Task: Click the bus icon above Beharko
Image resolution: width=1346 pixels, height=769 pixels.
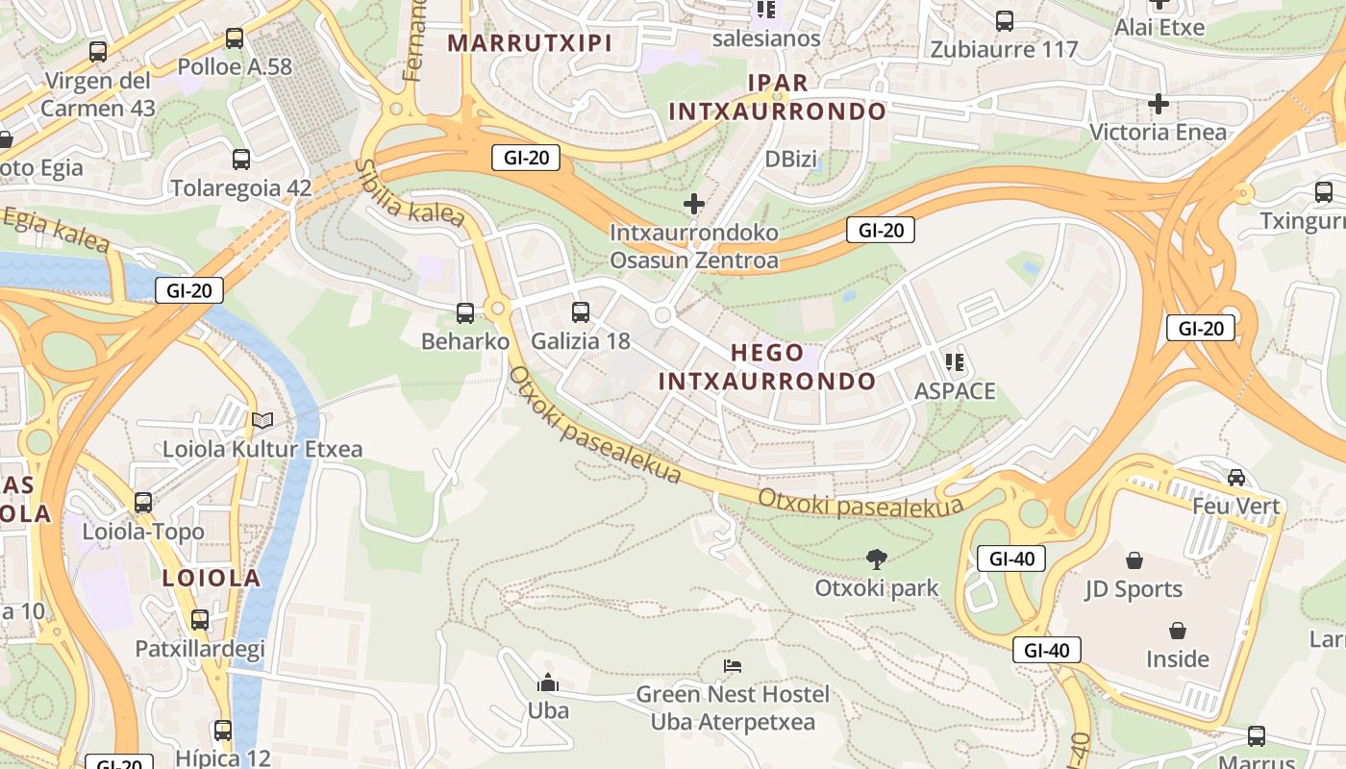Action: point(465,312)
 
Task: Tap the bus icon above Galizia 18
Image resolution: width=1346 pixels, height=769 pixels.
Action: point(580,311)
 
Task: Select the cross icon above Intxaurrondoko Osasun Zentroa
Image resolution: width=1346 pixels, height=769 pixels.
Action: point(693,204)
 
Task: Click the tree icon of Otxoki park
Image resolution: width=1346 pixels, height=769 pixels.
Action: point(876,558)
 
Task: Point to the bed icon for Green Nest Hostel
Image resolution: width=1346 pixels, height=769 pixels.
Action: point(733,665)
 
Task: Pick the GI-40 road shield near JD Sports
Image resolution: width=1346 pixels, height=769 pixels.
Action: point(1011,558)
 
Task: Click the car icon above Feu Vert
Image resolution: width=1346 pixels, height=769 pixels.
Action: point(1236,477)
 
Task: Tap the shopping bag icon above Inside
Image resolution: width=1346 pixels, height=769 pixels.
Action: point(1177,631)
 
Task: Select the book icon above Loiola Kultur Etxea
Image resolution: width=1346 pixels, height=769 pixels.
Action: point(262,420)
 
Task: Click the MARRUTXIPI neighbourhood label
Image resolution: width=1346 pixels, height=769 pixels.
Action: point(530,43)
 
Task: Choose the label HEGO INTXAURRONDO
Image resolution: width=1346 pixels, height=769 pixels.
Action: point(767,367)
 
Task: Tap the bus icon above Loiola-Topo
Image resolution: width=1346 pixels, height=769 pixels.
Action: point(143,502)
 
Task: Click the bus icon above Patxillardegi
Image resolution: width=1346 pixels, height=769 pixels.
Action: point(199,620)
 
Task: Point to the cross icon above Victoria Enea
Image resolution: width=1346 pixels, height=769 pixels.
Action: point(1159,103)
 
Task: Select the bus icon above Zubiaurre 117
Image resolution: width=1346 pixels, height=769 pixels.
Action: point(1005,20)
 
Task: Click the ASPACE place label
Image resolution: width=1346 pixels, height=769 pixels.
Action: point(955,391)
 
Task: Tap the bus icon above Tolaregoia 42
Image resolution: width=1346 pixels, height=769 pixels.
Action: point(240,160)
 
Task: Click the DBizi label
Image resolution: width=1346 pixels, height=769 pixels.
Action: point(790,160)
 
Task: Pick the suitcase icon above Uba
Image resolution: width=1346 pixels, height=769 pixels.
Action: point(548,683)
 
